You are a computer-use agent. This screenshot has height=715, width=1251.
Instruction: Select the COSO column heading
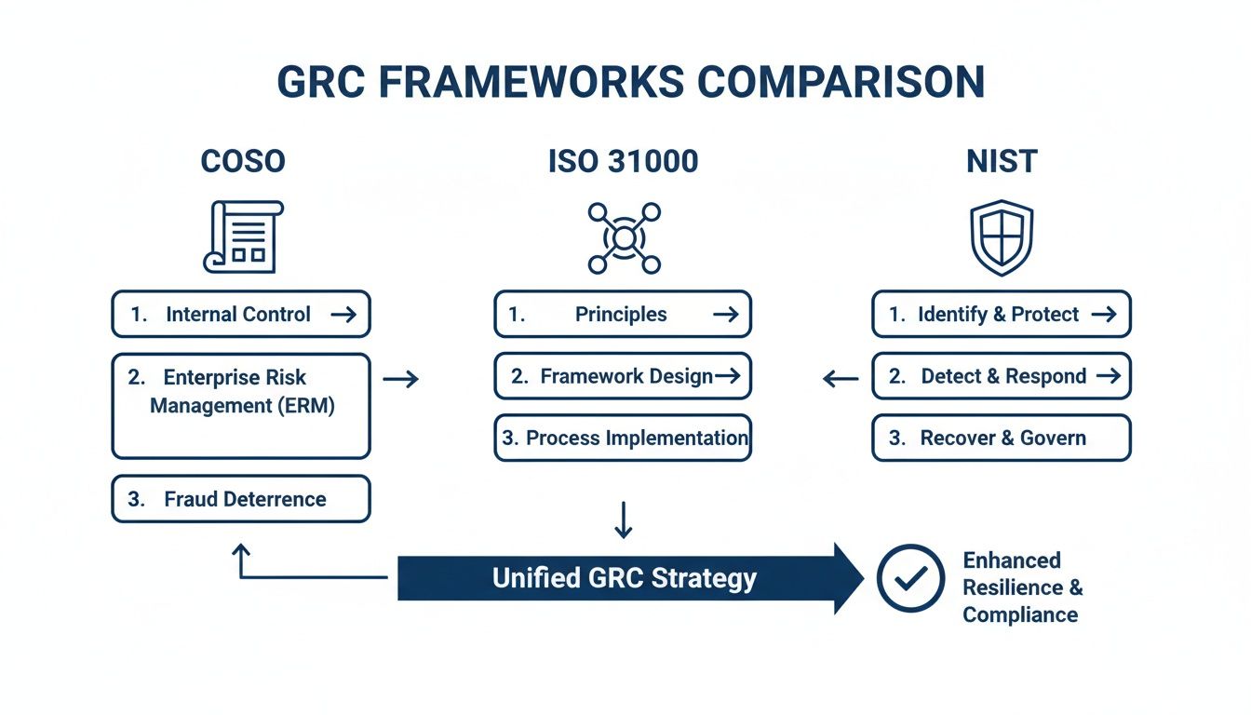point(243,161)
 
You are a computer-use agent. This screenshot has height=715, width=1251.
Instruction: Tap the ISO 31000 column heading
point(624,161)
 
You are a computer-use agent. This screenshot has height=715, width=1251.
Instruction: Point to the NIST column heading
point(1002,161)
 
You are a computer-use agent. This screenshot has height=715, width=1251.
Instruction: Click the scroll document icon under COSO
point(242,236)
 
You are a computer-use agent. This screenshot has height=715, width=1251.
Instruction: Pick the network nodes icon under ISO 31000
point(624,238)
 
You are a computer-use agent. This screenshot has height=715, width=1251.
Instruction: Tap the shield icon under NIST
point(1002,237)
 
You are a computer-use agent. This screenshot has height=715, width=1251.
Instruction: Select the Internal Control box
point(241,315)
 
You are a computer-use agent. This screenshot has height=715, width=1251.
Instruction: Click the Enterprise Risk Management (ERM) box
point(241,405)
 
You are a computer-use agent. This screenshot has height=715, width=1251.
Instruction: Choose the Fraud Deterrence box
point(241,499)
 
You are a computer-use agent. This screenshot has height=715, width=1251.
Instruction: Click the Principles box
point(622,315)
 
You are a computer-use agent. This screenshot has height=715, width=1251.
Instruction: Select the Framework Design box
point(622,376)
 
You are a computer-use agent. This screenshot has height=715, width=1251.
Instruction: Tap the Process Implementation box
point(622,438)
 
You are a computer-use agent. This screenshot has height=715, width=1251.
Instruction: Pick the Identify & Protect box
point(1001,315)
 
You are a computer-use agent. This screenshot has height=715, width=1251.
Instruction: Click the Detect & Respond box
point(1001,376)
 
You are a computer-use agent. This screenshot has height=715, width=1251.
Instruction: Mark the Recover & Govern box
point(1001,438)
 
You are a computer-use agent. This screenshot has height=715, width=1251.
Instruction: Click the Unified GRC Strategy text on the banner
point(625,578)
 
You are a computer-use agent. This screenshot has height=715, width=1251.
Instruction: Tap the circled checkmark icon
point(910,578)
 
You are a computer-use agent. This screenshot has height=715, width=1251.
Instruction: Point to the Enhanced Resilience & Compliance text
point(1022,587)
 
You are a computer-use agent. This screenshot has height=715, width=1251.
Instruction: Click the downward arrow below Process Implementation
point(624,520)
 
